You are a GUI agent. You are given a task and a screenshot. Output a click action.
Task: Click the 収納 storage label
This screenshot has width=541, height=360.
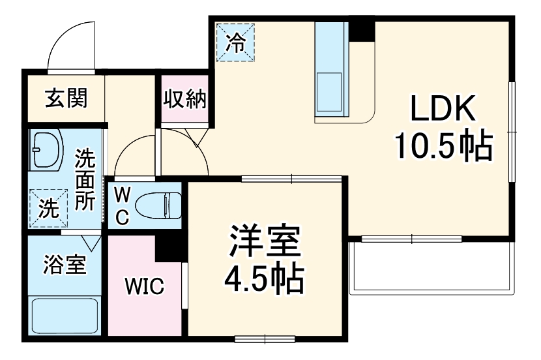tap(185, 100)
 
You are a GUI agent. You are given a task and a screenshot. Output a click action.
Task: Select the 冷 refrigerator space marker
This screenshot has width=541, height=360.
tap(235, 43)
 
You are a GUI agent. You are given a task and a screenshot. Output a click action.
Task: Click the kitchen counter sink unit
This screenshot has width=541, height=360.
tap(330, 72)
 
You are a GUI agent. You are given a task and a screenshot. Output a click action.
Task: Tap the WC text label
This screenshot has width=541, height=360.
tap(123, 205)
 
